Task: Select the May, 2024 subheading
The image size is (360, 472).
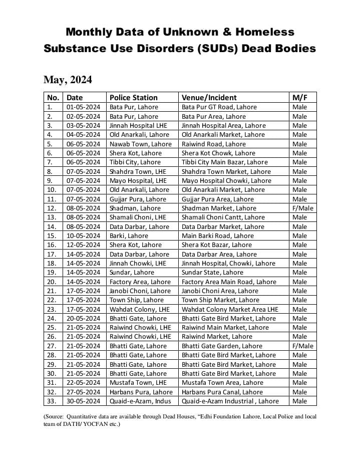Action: [68, 80]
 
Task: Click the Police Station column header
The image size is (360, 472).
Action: [133, 98]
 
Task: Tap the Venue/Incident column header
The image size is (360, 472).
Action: [209, 98]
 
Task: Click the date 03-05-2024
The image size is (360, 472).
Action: [83, 125]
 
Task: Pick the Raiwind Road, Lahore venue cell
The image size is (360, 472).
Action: [214, 144]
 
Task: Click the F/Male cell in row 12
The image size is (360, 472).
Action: [302, 208]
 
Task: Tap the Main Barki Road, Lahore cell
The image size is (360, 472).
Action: [217, 235]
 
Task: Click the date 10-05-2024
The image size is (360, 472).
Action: [83, 235]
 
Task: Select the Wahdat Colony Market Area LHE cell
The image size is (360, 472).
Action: [229, 309]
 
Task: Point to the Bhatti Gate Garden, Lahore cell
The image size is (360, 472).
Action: [222, 346]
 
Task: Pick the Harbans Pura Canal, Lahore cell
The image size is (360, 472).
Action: [222, 392]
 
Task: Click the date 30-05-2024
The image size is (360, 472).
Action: [83, 401]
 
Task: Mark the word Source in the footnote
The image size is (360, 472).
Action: [56, 416]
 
